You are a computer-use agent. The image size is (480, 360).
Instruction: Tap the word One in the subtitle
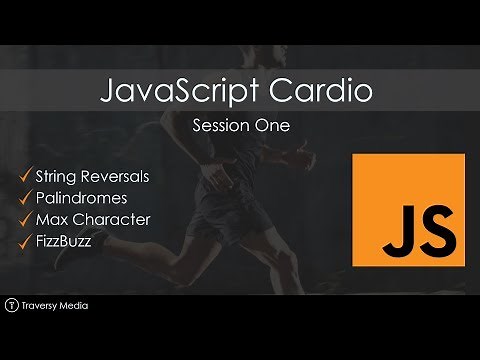coord(271,127)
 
